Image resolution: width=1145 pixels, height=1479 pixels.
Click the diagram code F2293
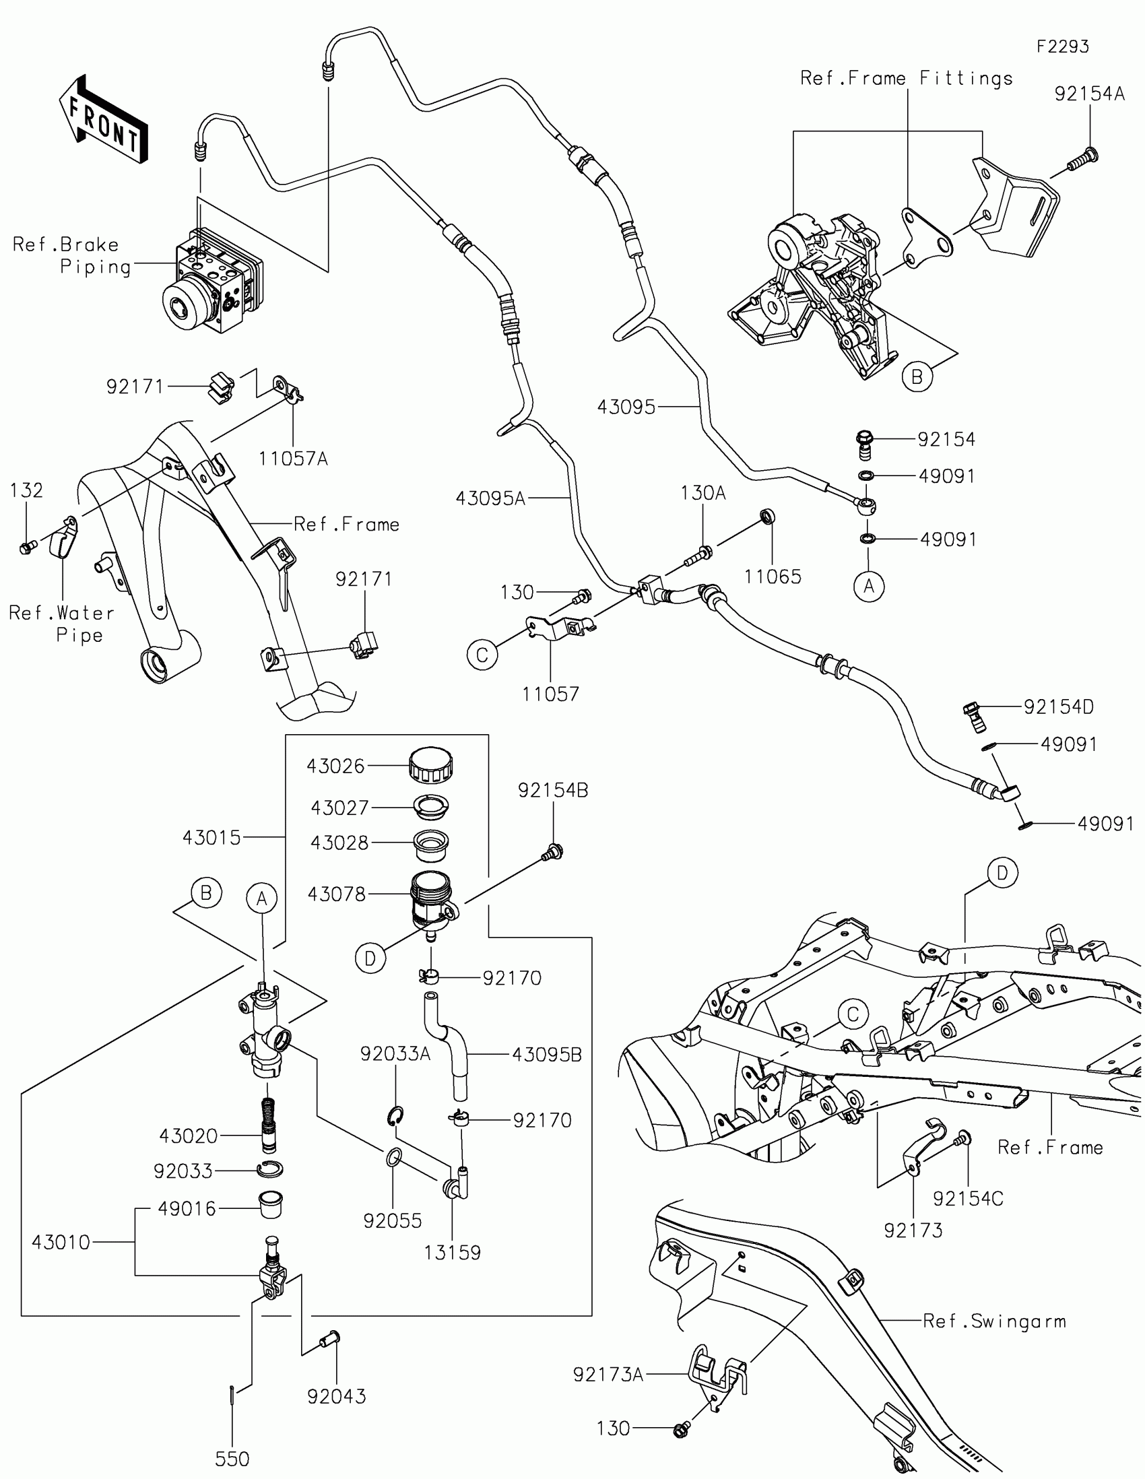pyautogui.click(x=1063, y=46)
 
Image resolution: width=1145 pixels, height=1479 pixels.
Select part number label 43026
pyautogui.click(x=335, y=766)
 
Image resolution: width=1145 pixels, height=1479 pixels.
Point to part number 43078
pyautogui.click(x=337, y=894)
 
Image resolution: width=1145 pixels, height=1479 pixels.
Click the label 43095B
pyautogui.click(x=546, y=1055)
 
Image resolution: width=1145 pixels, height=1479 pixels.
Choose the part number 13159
pyautogui.click(x=453, y=1253)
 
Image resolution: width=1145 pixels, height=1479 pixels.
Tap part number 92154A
pyautogui.click(x=1090, y=94)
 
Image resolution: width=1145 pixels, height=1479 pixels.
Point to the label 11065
pyautogui.click(x=773, y=577)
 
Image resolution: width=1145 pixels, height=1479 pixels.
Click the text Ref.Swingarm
pyautogui.click(x=994, y=1321)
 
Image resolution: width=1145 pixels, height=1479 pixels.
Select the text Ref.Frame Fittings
pyautogui.click(x=907, y=79)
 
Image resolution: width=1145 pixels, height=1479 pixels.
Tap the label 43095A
pyautogui.click(x=490, y=499)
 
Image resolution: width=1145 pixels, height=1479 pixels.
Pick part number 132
pyautogui.click(x=26, y=490)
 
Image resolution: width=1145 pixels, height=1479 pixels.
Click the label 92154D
pyautogui.click(x=1058, y=707)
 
